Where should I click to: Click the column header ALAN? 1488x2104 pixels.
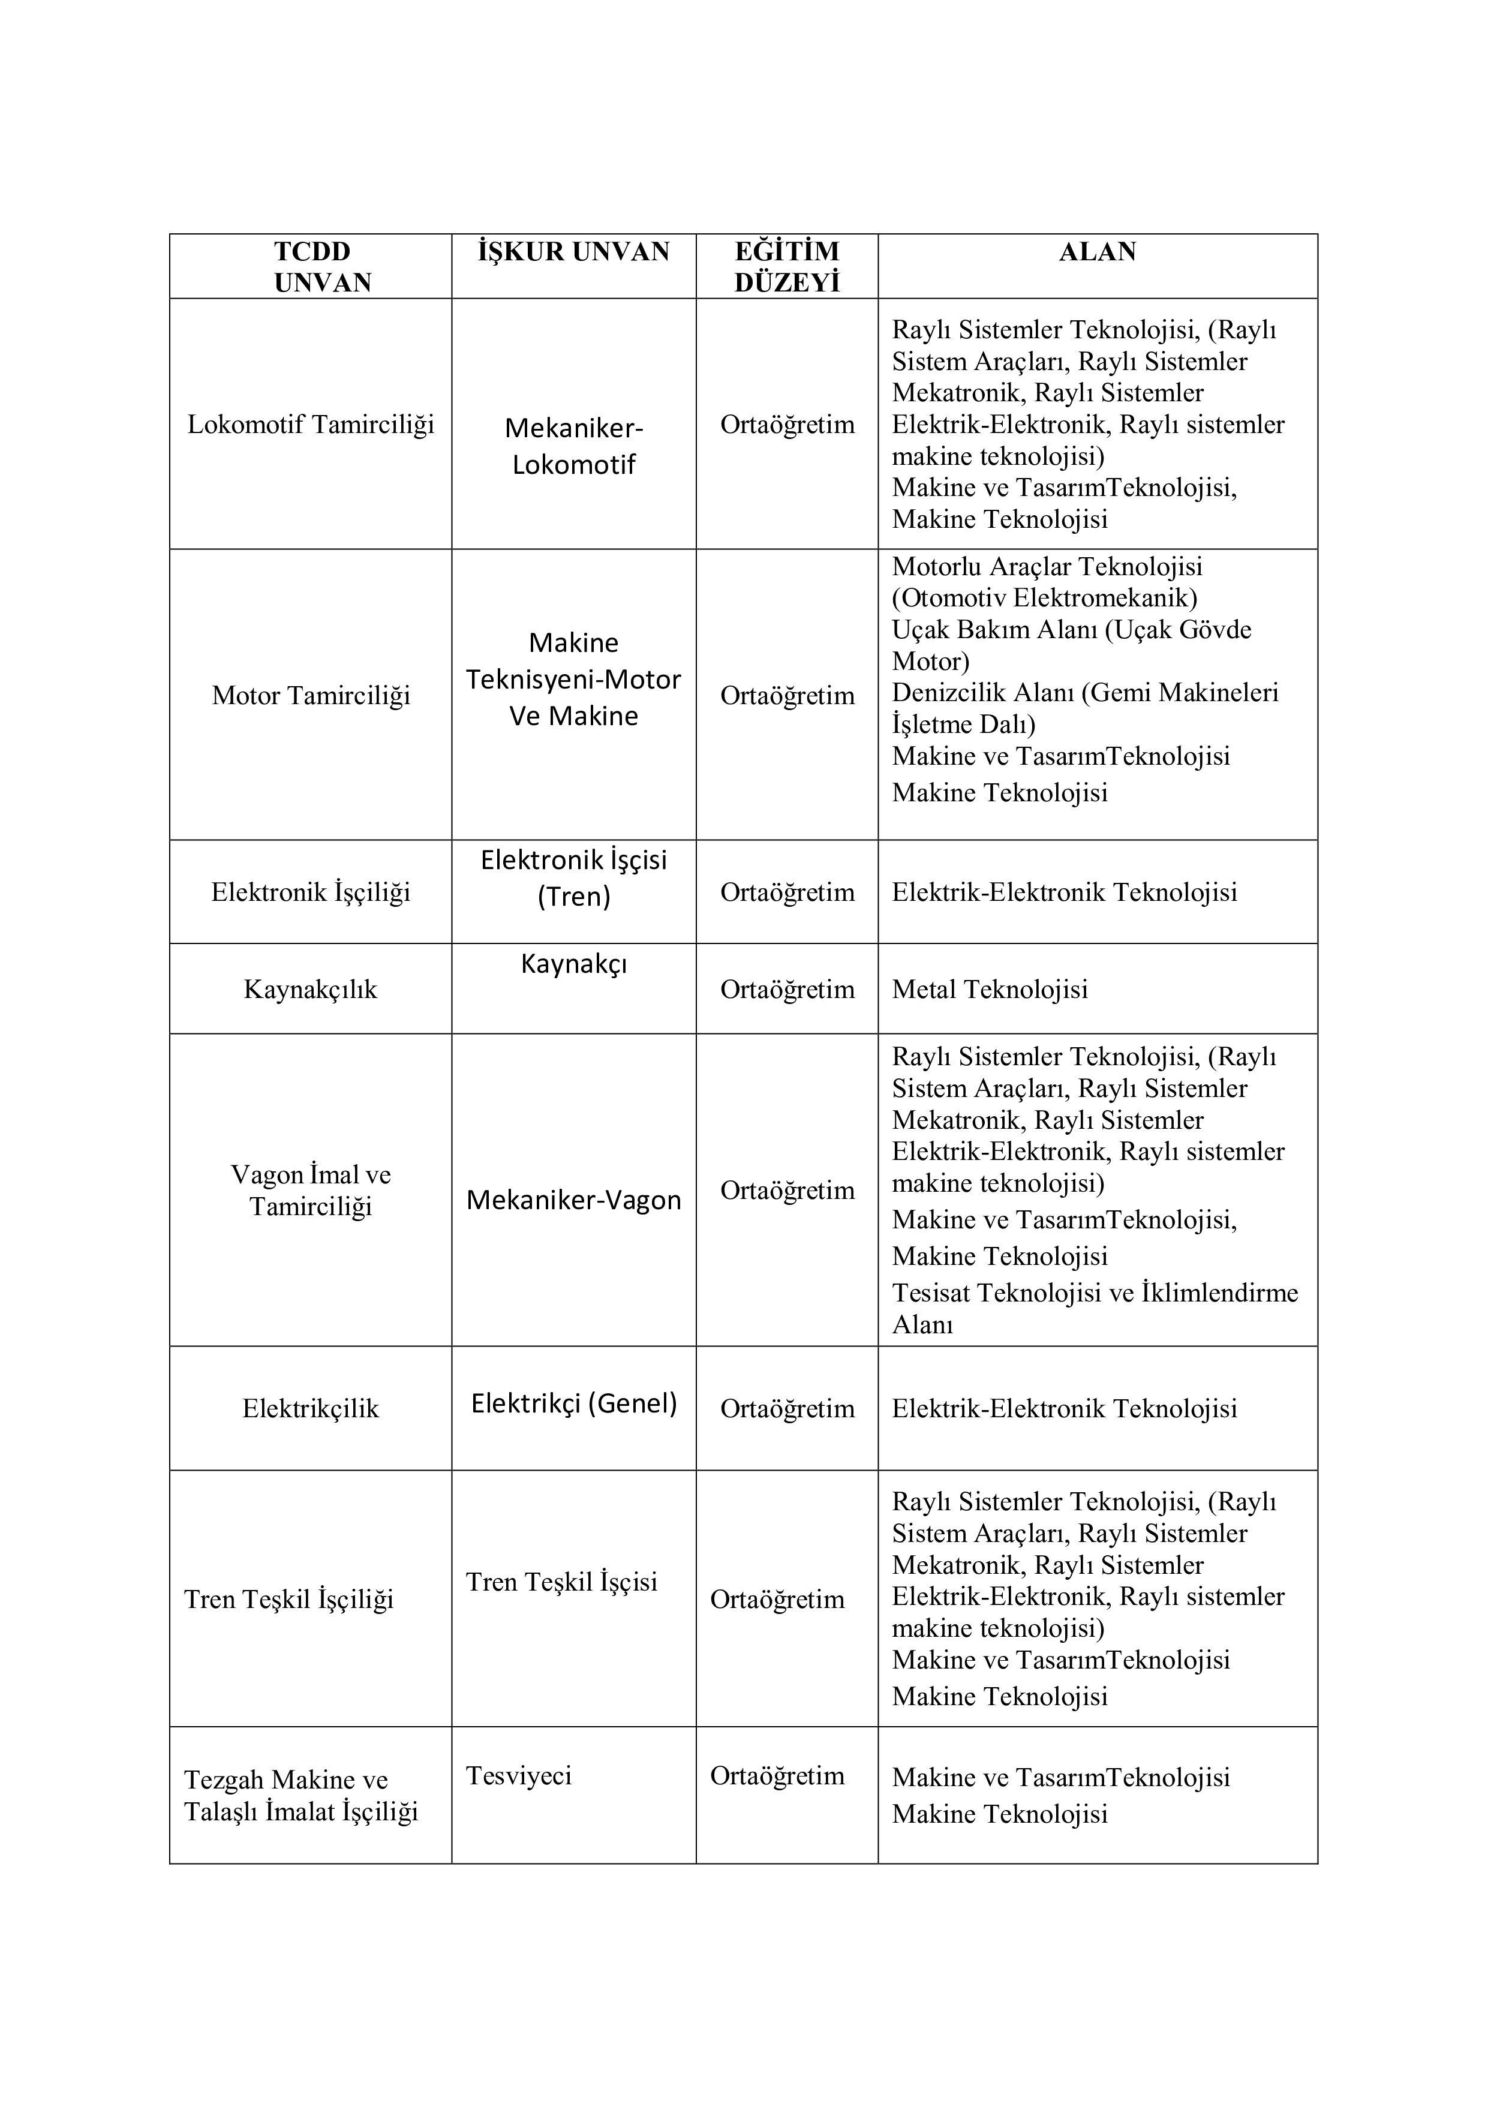coord(1097,252)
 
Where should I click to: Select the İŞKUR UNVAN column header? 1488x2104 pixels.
coord(573,252)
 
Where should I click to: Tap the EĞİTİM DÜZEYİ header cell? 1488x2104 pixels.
coord(786,267)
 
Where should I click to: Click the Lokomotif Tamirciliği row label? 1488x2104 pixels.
coord(311,424)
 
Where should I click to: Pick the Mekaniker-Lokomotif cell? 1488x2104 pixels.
coord(573,446)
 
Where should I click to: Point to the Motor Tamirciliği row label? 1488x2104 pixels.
coord(311,696)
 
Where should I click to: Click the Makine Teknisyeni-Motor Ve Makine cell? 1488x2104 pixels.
coord(573,679)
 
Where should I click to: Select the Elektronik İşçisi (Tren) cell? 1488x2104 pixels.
coord(573,878)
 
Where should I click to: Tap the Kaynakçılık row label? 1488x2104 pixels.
coord(311,990)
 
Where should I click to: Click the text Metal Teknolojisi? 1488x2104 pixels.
coord(990,990)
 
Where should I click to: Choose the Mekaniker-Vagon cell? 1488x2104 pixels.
coord(573,1201)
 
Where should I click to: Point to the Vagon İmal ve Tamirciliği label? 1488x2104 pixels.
coord(311,1191)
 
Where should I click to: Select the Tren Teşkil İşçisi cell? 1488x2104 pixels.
coord(561,1582)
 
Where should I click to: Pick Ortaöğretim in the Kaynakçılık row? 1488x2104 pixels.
coord(787,990)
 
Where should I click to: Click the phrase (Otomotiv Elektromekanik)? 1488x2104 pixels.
coord(1045,599)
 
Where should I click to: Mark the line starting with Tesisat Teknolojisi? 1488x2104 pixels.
coord(1095,1293)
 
